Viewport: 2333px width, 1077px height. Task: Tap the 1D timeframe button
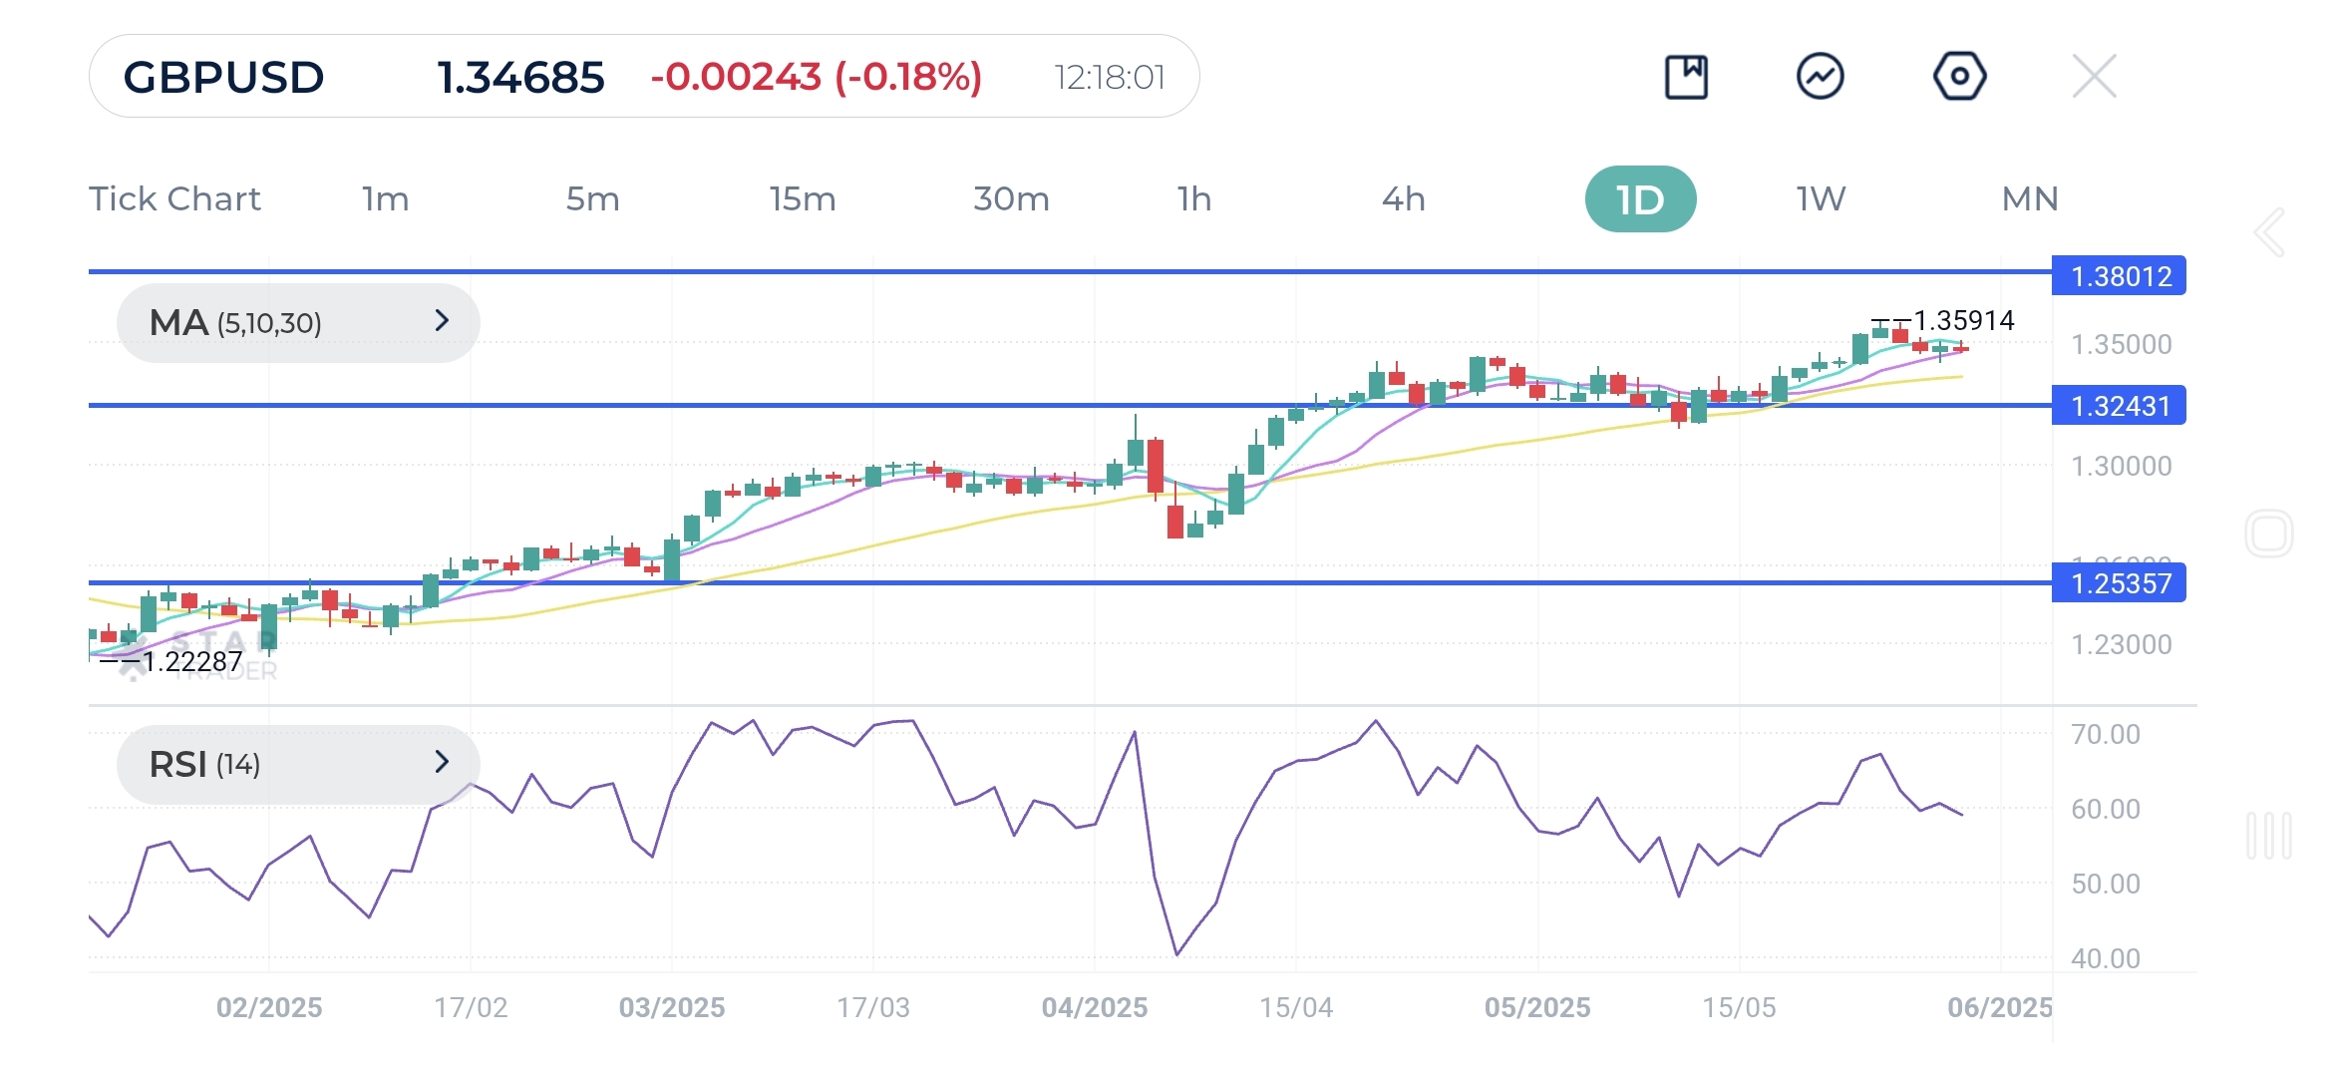click(1640, 199)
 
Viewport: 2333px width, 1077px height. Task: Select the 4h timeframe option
click(1403, 199)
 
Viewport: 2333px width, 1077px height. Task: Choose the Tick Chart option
click(174, 199)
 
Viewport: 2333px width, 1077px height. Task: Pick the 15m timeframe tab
click(802, 199)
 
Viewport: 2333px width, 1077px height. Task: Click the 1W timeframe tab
click(1821, 199)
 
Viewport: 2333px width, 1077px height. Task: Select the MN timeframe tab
click(2030, 199)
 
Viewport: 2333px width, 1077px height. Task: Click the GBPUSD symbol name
click(223, 78)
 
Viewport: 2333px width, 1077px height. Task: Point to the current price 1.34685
click(520, 78)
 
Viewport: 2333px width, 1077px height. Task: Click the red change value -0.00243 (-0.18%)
click(816, 77)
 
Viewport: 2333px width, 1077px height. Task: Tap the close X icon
click(2094, 77)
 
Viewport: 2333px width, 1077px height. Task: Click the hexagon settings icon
click(1959, 77)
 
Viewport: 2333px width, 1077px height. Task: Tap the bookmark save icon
click(1686, 77)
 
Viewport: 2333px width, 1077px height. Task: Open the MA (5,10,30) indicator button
click(297, 322)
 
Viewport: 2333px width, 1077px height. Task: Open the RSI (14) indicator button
click(297, 764)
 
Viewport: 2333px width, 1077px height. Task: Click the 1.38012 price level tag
click(2120, 276)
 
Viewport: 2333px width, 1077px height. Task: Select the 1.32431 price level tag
click(2120, 406)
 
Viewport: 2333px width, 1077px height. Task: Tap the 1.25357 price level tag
click(2120, 583)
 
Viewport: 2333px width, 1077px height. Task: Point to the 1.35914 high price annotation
click(1963, 321)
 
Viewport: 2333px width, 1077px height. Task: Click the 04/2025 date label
click(1094, 1007)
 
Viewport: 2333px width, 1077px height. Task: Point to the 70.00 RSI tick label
click(2105, 735)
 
